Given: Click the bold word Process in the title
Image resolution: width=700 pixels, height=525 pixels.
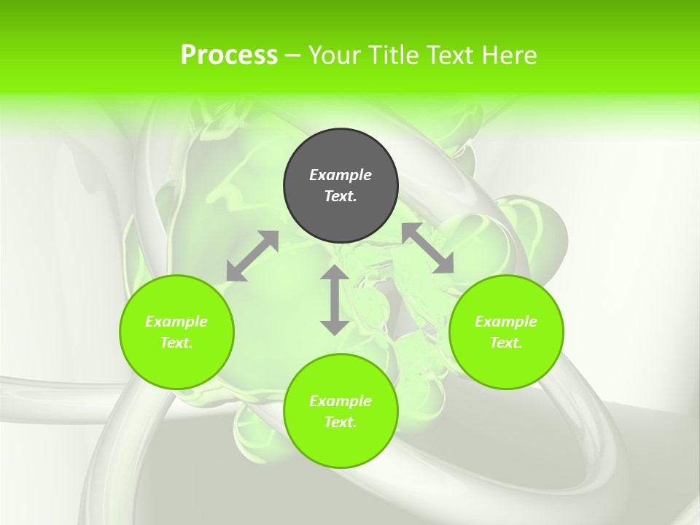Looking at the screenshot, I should pos(229,55).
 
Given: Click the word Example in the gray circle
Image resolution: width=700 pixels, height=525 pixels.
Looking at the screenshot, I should pos(341,175).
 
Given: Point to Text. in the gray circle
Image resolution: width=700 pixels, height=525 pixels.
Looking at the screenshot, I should pos(341,196).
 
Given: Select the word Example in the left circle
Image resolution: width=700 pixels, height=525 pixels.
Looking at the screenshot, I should pos(176,322).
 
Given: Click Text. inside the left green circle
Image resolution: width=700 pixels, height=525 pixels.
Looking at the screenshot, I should pos(176,343).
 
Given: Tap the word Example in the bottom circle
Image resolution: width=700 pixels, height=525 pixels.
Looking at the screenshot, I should pos(341,401).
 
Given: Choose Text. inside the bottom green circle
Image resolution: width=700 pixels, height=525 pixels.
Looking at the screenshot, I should pos(341,422).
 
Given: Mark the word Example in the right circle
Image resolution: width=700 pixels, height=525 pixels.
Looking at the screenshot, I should pos(506,322).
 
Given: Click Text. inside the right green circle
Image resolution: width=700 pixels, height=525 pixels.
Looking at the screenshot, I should pos(506,343).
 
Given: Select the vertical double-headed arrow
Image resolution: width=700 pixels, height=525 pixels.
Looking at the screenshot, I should pos(335,300).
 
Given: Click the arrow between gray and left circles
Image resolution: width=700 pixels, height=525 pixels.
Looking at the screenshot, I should pos(252,256).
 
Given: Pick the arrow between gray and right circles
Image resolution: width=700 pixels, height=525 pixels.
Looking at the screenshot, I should pos(427,248).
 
